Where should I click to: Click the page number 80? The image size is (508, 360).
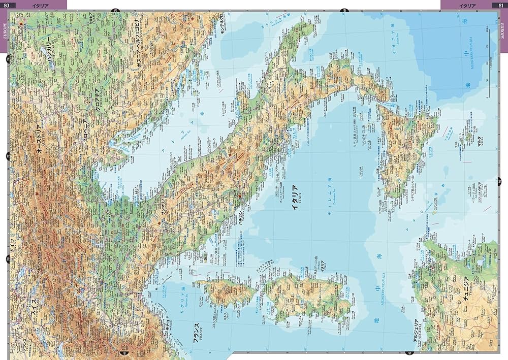[6, 5]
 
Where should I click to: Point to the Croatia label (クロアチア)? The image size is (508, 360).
[96, 100]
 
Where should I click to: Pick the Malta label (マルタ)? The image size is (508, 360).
[479, 137]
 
